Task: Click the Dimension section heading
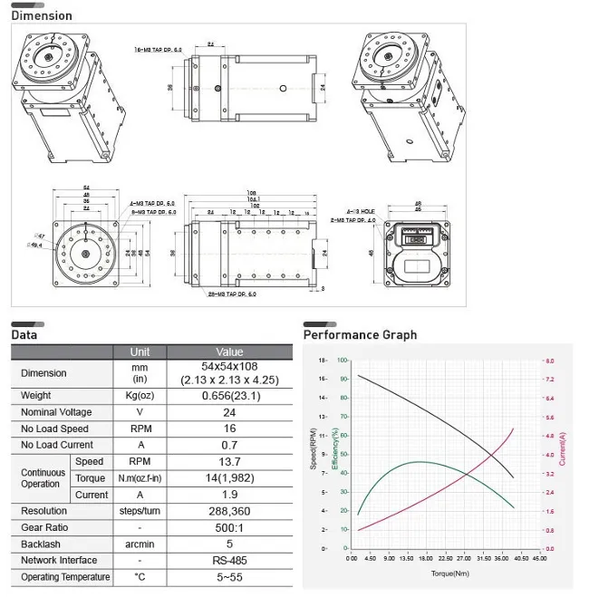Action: (42, 15)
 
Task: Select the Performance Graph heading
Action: (360, 334)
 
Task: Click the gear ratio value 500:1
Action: (229, 527)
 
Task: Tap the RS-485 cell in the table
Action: (229, 560)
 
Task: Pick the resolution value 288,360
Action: (229, 511)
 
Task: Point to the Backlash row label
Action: (43, 544)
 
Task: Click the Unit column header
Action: (140, 351)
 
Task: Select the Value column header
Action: (229, 351)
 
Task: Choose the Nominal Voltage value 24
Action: (229, 412)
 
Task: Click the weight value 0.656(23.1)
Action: (229, 395)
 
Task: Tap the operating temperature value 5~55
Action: (229, 577)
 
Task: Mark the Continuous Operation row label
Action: (42, 477)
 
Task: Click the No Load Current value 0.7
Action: (229, 445)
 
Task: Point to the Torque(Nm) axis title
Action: (449, 573)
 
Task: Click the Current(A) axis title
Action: (563, 449)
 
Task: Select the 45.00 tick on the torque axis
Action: (538, 559)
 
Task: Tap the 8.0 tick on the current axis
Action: (549, 361)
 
